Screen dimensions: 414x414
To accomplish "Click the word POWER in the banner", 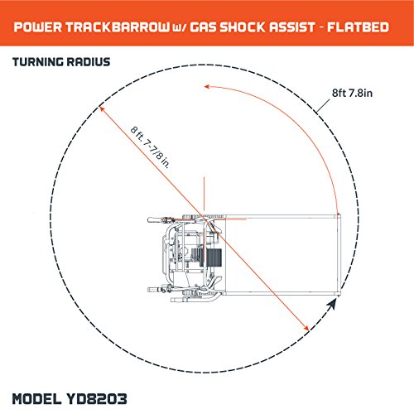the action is [38, 27].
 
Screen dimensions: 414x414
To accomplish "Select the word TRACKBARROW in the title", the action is [118, 27].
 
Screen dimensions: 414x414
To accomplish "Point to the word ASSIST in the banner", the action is [291, 27].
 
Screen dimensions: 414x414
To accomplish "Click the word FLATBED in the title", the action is [358, 27].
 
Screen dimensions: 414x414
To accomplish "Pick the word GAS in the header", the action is [203, 27].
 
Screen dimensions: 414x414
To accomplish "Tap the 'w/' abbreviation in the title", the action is [180, 28].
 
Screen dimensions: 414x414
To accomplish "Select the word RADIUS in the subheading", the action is [89, 62].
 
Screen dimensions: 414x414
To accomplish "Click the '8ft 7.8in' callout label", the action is [352, 93].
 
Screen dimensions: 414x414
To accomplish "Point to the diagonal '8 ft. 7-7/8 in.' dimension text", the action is [150, 147].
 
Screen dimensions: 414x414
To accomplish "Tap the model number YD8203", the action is [97, 399].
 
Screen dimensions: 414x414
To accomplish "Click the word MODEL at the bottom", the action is [37, 399].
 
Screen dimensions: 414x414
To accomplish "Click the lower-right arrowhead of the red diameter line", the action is [306, 328].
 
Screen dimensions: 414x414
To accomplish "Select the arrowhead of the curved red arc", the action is [207, 87].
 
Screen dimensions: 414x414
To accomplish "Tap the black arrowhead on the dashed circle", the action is [332, 305].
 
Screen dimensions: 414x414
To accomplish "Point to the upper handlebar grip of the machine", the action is [156, 220].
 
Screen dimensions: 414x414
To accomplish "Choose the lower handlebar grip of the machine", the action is [156, 290].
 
